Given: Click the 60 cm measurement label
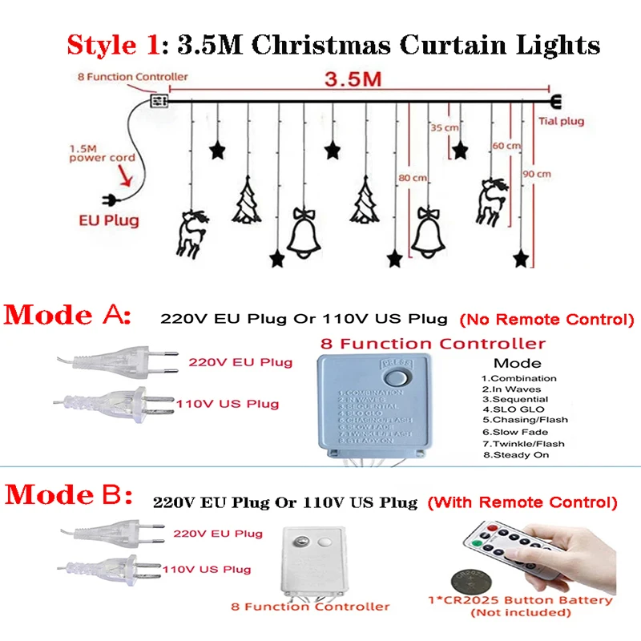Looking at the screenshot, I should (506, 146).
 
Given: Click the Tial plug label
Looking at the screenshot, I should (559, 122).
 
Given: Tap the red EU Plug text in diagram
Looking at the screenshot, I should (108, 220).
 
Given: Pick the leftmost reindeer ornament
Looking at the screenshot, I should (191, 233).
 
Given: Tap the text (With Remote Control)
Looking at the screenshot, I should (522, 503).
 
